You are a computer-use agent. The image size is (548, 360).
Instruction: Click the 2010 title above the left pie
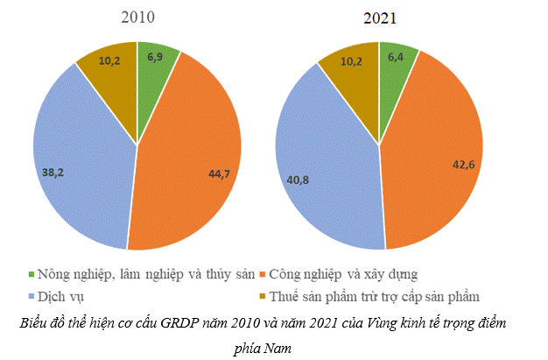tap(138, 18)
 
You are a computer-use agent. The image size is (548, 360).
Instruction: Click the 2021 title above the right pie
tap(379, 18)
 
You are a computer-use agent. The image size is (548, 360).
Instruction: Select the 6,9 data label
tap(156, 57)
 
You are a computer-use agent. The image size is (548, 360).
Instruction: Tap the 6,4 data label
tap(396, 57)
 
